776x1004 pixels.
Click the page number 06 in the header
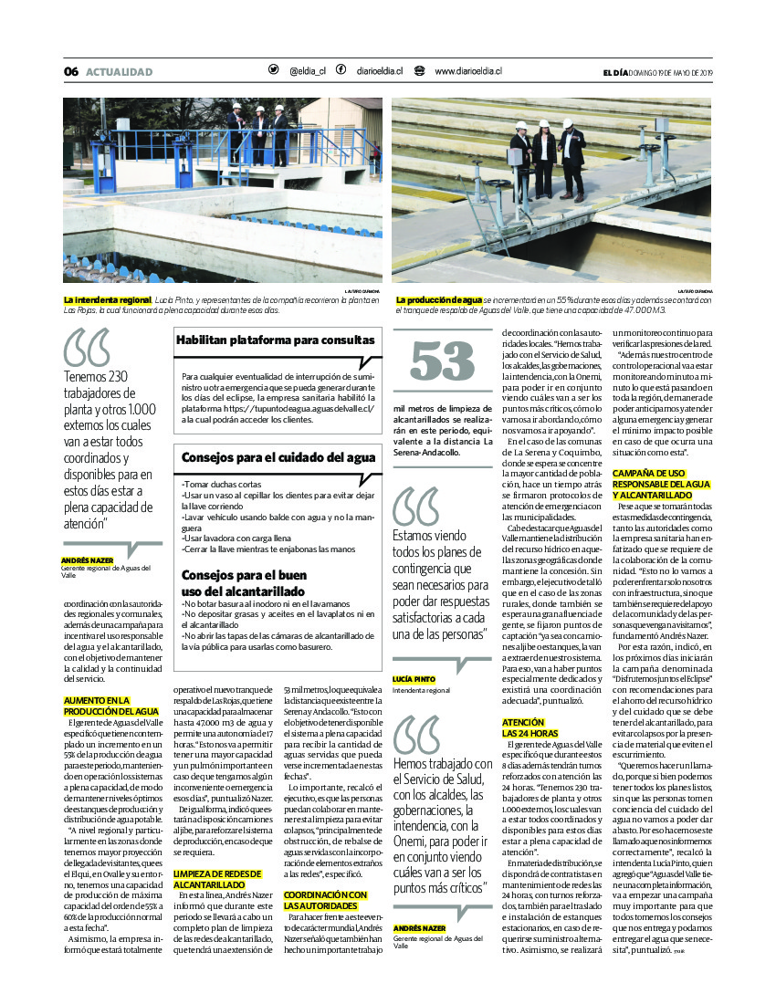[x=71, y=72]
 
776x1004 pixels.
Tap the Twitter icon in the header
[x=273, y=70]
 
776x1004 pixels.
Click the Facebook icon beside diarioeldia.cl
[x=341, y=70]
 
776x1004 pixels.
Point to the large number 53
[x=443, y=361]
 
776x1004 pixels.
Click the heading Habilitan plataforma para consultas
[x=275, y=340]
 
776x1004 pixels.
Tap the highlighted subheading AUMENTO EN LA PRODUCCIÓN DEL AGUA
[x=110, y=706]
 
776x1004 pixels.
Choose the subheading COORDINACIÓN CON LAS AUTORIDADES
[x=325, y=900]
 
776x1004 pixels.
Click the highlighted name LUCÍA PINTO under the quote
[x=414, y=680]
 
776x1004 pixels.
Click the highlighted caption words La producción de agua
[x=438, y=299]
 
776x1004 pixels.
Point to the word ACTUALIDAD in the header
[x=119, y=72]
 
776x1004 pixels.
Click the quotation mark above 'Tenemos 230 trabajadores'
[x=86, y=347]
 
